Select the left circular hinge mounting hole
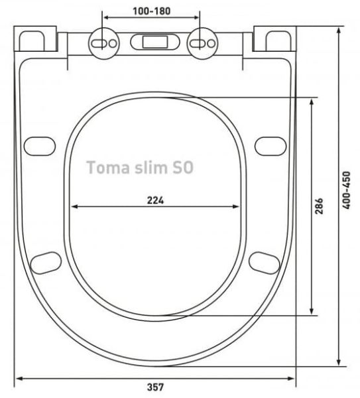click(101, 42)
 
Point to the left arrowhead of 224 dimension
click(74, 207)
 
